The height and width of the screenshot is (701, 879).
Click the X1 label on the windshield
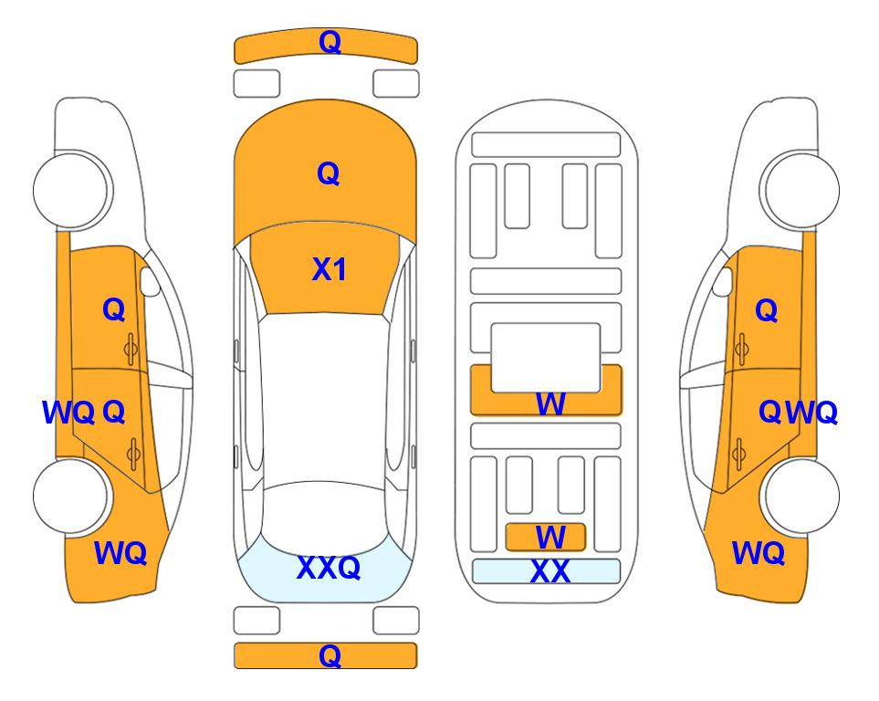[330, 269]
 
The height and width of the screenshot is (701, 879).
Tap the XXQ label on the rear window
[329, 568]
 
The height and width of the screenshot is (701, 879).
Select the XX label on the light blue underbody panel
[549, 572]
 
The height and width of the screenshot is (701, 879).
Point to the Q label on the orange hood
[329, 173]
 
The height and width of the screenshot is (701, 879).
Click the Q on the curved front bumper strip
[330, 42]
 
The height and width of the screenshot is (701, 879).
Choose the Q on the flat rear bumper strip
[330, 655]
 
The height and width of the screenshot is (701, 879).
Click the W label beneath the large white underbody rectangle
[550, 403]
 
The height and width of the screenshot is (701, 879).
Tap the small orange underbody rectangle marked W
[546, 538]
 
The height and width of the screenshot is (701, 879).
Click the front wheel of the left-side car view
[71, 190]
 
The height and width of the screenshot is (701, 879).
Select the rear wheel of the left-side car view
[71, 496]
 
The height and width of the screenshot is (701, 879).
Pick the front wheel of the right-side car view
[801, 190]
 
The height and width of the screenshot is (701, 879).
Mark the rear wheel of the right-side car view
[801, 496]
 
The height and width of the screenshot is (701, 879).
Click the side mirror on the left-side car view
[150, 281]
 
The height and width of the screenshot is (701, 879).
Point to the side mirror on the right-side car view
[723, 281]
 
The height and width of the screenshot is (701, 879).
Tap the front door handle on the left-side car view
[131, 350]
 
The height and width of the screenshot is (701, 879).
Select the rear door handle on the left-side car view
[133, 454]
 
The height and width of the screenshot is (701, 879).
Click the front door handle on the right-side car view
[742, 350]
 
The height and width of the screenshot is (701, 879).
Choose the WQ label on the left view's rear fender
[120, 553]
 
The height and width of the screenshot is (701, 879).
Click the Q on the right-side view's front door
[767, 310]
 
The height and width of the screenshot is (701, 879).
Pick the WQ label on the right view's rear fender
[759, 553]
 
